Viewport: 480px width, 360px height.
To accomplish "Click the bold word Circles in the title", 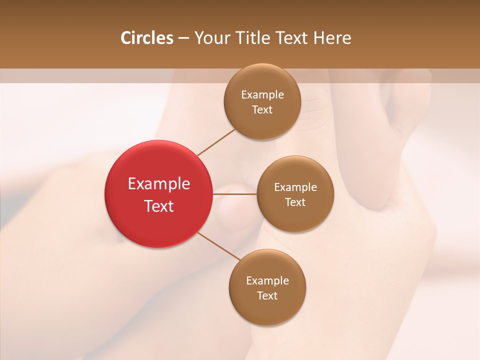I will point(147,38).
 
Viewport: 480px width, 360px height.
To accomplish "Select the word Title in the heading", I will point(250,38).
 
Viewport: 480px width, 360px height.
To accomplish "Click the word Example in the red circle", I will point(158,184).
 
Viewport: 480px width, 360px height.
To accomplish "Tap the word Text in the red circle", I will point(158,206).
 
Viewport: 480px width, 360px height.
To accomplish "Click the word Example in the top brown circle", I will point(262,95).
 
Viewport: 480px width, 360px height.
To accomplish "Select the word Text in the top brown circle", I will point(262,110).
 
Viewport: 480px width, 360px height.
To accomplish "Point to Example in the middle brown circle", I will point(295,187).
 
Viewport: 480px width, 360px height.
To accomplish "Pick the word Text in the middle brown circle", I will point(295,202).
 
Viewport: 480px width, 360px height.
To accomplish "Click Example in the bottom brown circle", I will point(267,281).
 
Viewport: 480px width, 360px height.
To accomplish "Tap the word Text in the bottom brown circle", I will point(267,296).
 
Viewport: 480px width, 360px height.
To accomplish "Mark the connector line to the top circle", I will point(216,142).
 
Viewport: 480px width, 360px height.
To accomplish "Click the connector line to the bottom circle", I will point(218,246).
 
